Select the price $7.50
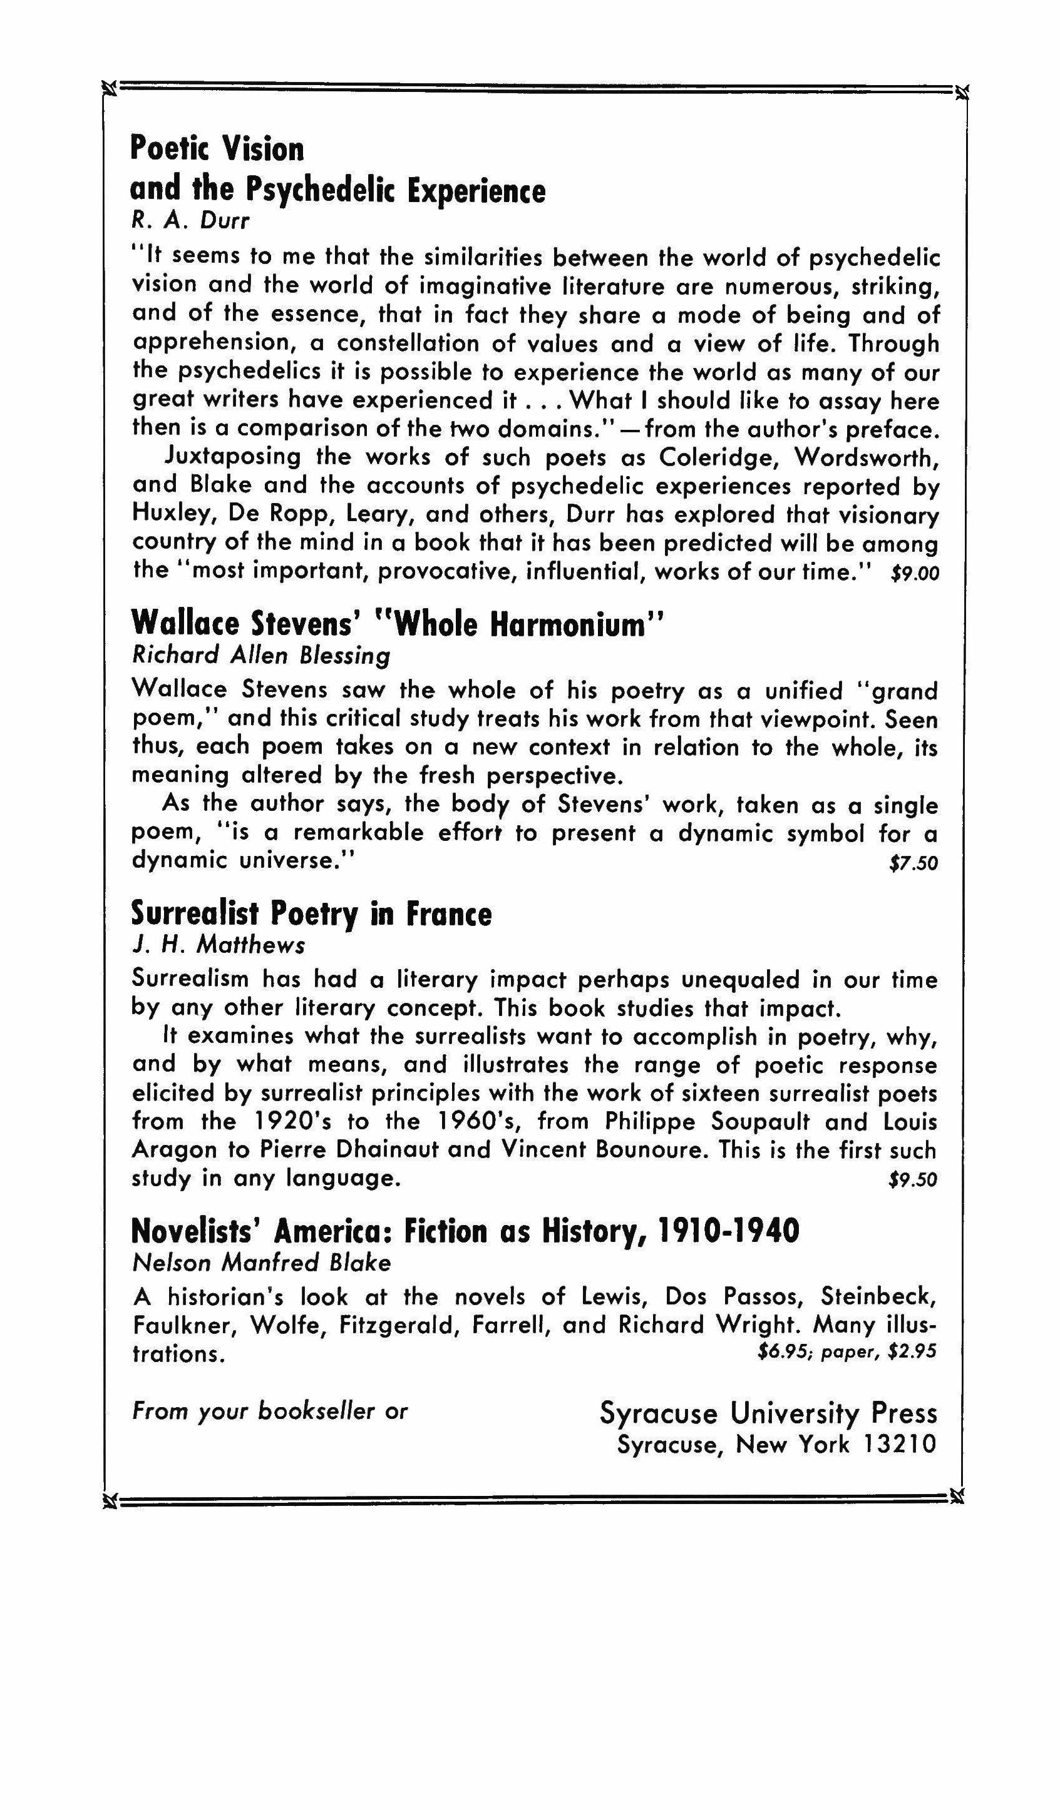point(913,863)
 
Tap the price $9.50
point(913,1180)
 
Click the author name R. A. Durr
point(190,220)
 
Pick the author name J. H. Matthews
point(219,945)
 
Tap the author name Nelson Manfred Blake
point(262,1262)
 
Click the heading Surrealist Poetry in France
point(311,913)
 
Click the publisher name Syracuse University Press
point(768,1413)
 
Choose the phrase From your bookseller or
point(269,1411)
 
